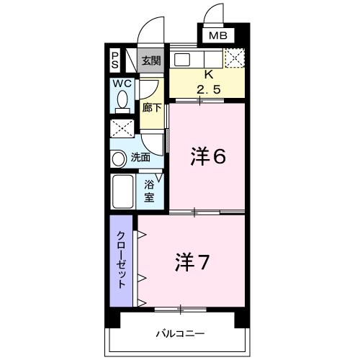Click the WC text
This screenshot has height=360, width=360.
(122, 84)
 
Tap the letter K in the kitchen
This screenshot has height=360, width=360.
(209, 75)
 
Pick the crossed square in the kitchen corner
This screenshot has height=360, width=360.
(235, 58)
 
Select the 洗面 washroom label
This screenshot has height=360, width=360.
(140, 157)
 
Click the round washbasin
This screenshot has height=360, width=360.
(118, 158)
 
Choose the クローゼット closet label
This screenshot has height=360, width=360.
(122, 260)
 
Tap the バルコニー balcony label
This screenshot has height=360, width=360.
(180, 334)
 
